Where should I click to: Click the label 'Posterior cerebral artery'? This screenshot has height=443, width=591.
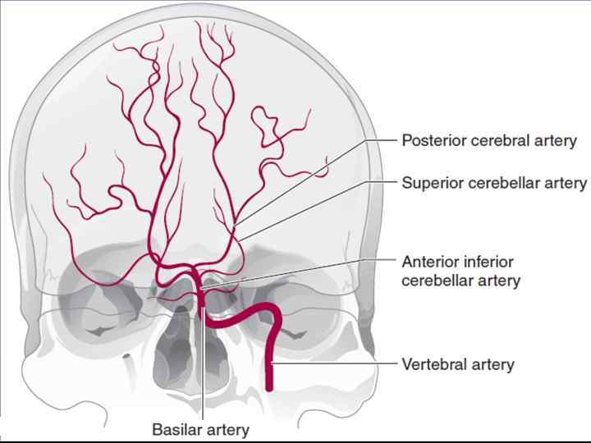[488, 141]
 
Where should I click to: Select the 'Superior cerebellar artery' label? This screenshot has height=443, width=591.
[494, 182]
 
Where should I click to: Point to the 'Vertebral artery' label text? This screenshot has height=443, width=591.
[457, 364]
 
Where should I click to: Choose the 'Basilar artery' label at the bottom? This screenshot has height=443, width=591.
[200, 429]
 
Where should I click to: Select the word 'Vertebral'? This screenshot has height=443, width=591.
[432, 364]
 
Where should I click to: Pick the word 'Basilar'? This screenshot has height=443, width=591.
[175, 429]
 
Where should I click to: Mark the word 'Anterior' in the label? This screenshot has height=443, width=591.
[429, 263]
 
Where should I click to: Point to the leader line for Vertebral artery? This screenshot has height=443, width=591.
[337, 363]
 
